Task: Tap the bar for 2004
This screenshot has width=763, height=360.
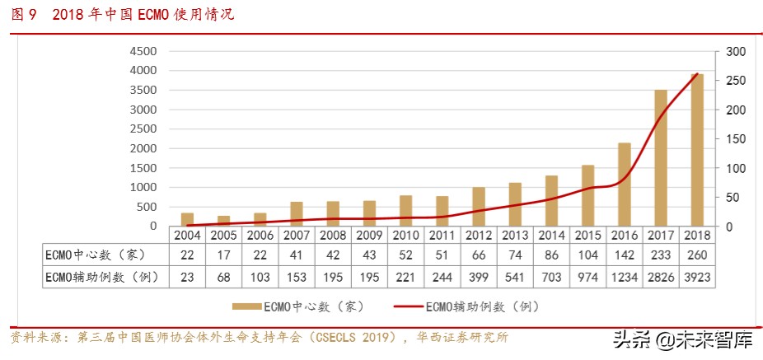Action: (x=188, y=219)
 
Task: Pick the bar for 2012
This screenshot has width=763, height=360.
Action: (x=479, y=207)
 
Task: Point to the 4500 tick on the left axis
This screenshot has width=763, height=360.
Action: (x=143, y=51)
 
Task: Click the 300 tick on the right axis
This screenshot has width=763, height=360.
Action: (x=736, y=51)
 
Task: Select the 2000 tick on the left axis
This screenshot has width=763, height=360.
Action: (x=143, y=148)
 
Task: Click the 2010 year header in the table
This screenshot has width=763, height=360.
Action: (x=406, y=235)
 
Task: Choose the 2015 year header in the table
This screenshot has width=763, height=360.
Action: (x=587, y=235)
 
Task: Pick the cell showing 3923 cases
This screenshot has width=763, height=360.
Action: (x=696, y=277)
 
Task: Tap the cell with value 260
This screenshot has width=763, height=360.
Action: (x=696, y=255)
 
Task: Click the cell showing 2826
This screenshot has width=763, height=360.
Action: (x=660, y=277)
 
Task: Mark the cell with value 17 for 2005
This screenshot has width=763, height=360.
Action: (x=224, y=255)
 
